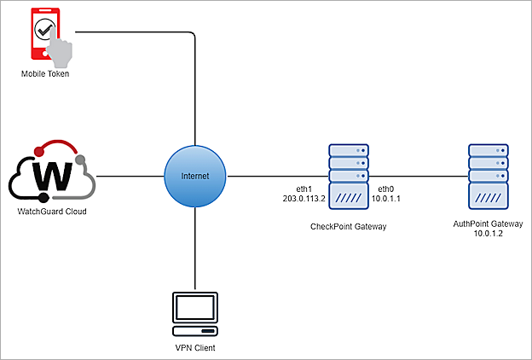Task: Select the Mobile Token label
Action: click(x=45, y=75)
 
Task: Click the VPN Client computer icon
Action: click(x=195, y=313)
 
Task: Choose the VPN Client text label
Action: click(x=195, y=347)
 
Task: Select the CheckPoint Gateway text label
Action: click(x=349, y=228)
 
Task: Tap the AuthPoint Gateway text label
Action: click(x=489, y=223)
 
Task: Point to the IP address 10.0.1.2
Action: click(x=489, y=233)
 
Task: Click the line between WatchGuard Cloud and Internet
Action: click(x=130, y=177)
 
